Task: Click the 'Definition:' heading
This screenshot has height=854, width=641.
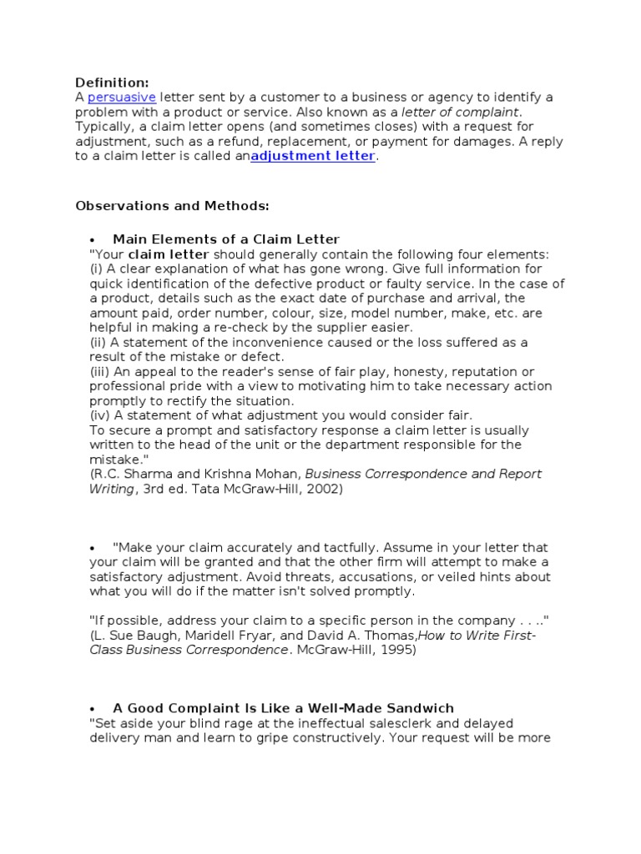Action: (112, 83)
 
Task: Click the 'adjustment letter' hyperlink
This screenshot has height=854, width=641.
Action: (313, 156)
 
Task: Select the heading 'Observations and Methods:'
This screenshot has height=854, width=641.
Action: (173, 205)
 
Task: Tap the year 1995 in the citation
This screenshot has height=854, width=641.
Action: (396, 650)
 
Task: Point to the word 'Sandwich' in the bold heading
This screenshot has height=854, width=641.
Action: (422, 708)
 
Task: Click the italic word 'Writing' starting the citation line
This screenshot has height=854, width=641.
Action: (111, 489)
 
